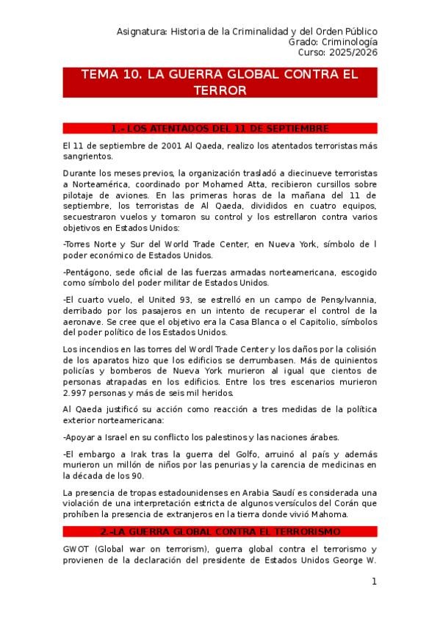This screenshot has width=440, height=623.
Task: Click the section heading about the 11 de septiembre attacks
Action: (x=220, y=129)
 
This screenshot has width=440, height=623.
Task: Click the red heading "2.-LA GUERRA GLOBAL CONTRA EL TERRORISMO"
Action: (x=220, y=531)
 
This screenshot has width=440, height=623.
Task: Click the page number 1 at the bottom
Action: (x=374, y=582)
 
